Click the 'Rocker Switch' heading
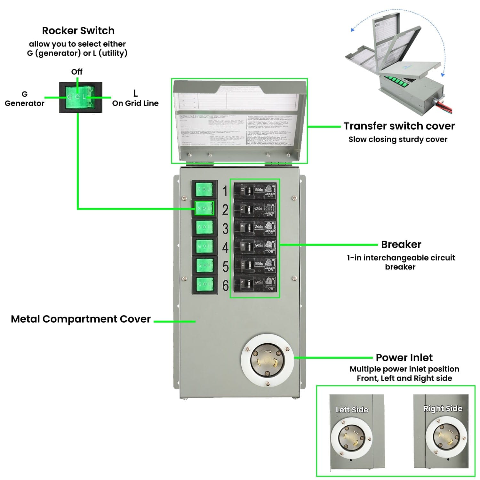click(x=78, y=31)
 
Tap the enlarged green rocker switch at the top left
click(x=81, y=97)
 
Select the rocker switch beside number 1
click(x=204, y=189)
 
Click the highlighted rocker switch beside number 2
click(x=204, y=208)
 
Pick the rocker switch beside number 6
click(x=204, y=284)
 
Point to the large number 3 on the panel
click(x=225, y=229)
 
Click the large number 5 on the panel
click(x=225, y=267)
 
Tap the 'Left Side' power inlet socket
click(x=351, y=437)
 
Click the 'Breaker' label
click(x=401, y=244)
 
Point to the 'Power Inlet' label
click(x=404, y=357)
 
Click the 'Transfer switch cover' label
click(x=399, y=126)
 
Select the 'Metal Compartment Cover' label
click(x=81, y=319)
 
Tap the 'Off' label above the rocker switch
click(x=77, y=72)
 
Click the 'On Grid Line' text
click(x=135, y=103)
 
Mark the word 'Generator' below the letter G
click(x=25, y=103)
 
